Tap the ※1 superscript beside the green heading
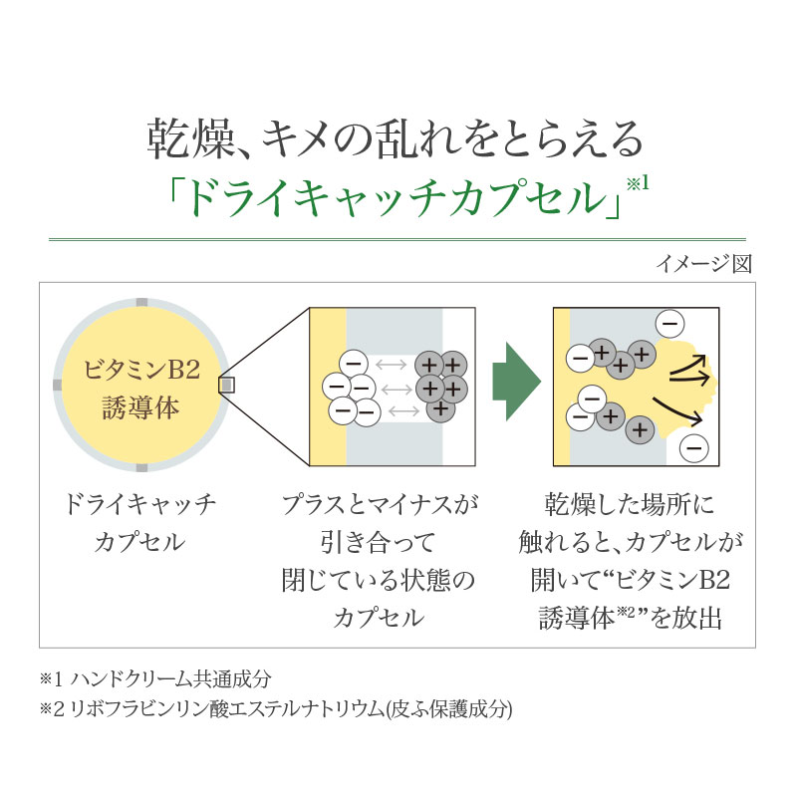[638, 183]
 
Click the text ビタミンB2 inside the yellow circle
[142, 372]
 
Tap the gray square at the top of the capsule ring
[142, 302]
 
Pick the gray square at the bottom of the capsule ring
[142, 466]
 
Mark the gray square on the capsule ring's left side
[58, 384]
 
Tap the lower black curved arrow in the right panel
[681, 407]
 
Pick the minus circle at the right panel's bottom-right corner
[695, 447]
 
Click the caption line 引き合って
[378, 542]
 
